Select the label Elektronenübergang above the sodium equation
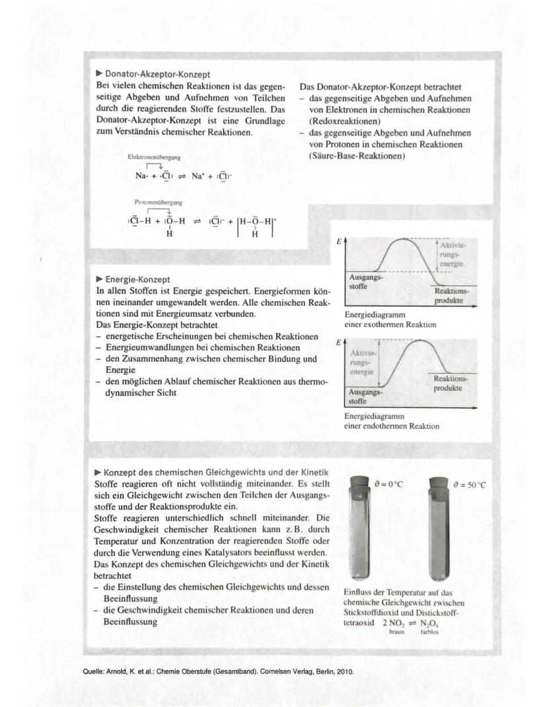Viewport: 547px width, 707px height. coord(155,158)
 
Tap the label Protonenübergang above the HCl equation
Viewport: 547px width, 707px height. coord(159,202)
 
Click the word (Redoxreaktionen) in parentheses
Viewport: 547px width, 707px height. coord(344,121)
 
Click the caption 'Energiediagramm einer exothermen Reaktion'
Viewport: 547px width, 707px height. coord(390,320)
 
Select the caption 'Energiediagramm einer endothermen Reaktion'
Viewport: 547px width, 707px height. coord(391,421)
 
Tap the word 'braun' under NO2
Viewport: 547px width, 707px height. coord(396,631)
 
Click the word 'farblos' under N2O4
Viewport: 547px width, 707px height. coord(429,631)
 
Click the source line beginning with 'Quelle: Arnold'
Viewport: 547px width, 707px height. coord(217,672)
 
